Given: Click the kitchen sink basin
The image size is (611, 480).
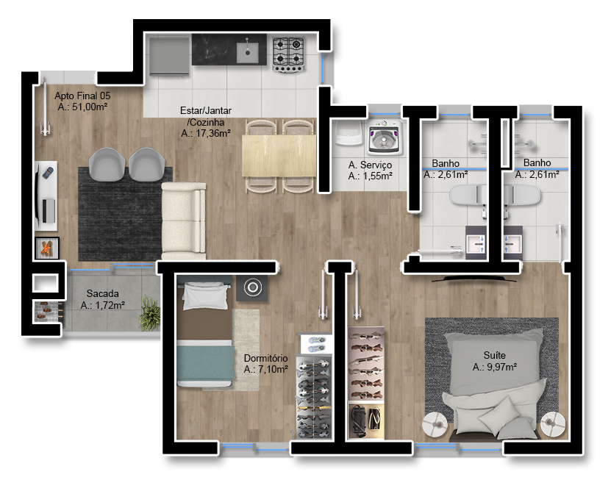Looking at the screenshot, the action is (248, 53).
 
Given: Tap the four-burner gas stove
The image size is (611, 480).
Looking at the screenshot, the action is (288, 54).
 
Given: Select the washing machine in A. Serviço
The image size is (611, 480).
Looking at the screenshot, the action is (383, 137).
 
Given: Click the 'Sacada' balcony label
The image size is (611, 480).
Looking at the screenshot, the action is (102, 293).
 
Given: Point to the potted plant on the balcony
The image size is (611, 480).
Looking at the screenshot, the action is (150, 314).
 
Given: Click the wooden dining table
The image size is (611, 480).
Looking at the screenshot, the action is (279, 155).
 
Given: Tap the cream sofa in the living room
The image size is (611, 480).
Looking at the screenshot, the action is (184, 221).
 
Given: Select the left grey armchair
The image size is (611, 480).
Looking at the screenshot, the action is (107, 164).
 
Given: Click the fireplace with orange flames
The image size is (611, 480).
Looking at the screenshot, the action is (47, 248).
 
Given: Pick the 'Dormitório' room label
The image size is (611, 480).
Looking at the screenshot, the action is (265, 358).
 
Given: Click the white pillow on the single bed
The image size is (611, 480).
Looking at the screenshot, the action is (205, 297).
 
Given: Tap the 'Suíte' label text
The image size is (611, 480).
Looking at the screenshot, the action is (495, 355).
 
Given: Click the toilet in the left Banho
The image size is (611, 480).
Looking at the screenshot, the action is (468, 194).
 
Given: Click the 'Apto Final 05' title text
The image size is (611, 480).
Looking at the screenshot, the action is (82, 96).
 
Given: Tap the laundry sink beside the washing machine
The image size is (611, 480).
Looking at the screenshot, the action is (349, 133).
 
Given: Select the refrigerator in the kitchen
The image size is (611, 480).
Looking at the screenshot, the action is (169, 56).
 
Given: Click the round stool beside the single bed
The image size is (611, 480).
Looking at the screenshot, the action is (252, 288).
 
